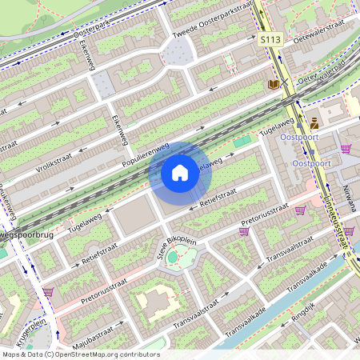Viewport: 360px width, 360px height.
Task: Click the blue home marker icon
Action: pyautogui.click(x=179, y=173)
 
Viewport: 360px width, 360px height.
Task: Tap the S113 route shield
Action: pyautogui.click(x=269, y=38)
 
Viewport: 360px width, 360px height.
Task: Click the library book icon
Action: pyautogui.click(x=274, y=84)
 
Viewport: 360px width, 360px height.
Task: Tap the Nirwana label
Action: pyautogui.click(x=348, y=192)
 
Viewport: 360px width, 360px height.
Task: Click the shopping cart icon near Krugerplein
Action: pyautogui.click(x=48, y=292)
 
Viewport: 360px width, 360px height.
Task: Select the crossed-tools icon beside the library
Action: pyautogui.click(x=284, y=84)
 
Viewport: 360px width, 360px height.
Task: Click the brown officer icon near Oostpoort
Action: pyautogui.click(x=314, y=123)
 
